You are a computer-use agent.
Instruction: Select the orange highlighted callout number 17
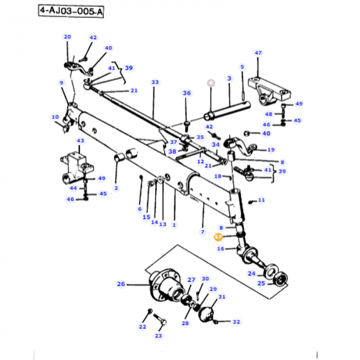coord(218,237)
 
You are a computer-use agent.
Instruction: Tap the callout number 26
coord(121,284)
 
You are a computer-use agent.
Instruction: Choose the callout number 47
coord(258,53)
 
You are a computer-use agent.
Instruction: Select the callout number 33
coord(155,82)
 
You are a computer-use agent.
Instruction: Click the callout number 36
coord(187,93)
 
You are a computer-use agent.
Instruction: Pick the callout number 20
coord(67,37)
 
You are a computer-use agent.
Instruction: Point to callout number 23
coord(158,336)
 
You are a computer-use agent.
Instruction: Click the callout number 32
coord(236,322)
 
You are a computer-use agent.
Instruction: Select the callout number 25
coord(261,283)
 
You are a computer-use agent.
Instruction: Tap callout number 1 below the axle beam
coord(174,224)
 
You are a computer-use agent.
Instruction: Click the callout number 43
coord(80,141)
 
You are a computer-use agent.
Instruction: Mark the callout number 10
coord(55,117)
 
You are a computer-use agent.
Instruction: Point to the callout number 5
coord(242,66)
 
